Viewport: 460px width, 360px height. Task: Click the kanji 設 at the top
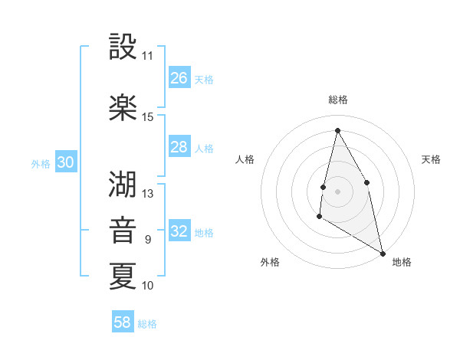click(123, 47)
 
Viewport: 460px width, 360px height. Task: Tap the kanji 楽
click(123, 108)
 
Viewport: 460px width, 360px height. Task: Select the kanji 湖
click(123, 184)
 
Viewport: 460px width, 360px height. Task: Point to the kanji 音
click(123, 230)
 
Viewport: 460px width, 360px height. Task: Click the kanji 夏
click(123, 276)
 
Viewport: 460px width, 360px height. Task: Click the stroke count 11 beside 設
click(147, 56)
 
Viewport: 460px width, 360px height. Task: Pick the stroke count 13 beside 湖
click(148, 194)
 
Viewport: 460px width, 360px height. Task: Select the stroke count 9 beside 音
click(148, 240)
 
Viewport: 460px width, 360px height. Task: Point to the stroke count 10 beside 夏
click(148, 286)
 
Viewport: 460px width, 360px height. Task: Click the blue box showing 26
click(179, 78)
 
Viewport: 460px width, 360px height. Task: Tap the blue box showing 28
click(179, 147)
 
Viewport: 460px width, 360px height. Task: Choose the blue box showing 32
click(179, 231)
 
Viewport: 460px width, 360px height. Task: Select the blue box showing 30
click(66, 162)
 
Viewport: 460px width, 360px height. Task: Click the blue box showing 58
click(123, 322)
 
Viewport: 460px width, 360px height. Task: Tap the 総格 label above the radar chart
click(338, 100)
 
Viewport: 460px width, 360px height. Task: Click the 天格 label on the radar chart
click(431, 159)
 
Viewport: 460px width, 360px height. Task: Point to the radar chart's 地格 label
click(402, 262)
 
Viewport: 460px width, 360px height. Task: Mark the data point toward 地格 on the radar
click(383, 254)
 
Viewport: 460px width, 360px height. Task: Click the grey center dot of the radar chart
click(338, 191)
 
